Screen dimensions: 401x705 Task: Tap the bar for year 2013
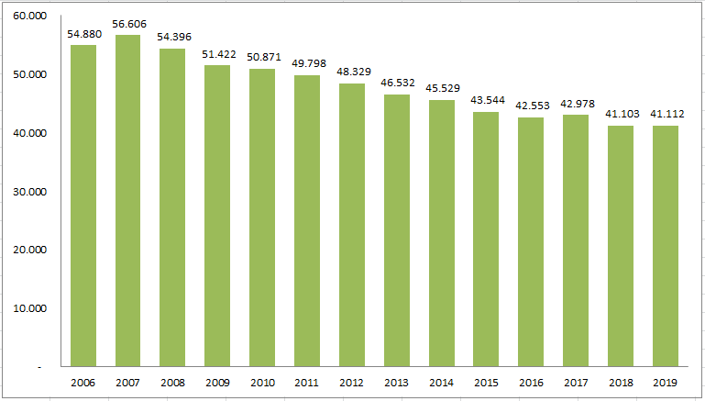397,229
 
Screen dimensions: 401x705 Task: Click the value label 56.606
127,23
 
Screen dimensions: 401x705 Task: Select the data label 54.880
83,34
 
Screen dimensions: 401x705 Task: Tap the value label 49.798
307,63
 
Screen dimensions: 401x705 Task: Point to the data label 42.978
576,103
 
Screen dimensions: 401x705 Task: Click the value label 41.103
621,114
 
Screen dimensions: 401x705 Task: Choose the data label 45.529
441,88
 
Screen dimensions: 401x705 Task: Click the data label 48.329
352,72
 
